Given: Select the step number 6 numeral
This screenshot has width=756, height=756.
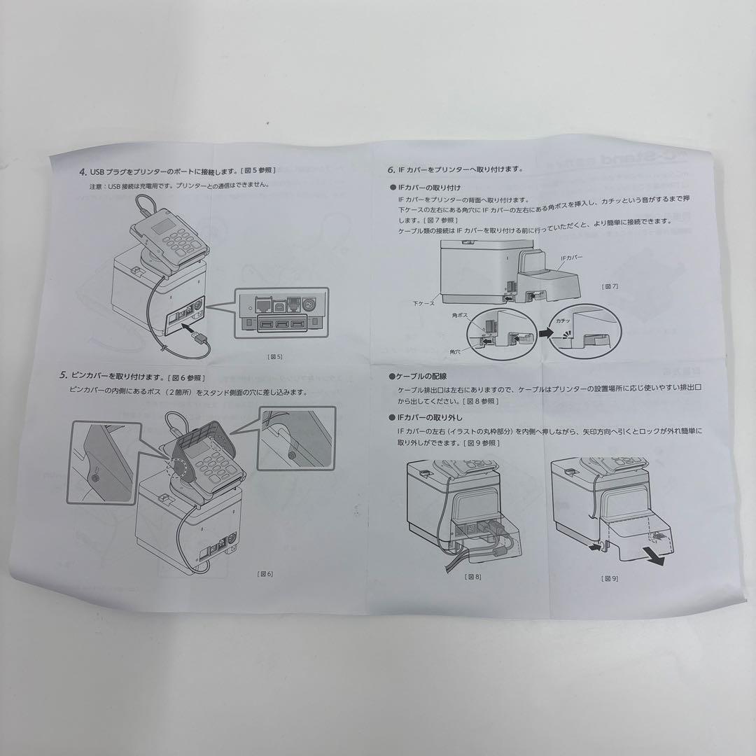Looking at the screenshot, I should (x=391, y=169).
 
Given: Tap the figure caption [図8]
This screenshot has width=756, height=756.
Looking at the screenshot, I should (x=473, y=577).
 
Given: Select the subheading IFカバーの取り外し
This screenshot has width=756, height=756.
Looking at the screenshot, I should (x=429, y=417).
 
